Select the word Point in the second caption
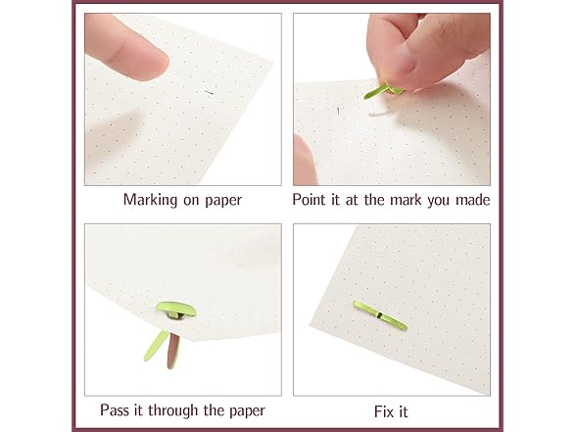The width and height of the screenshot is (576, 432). pos(312,200)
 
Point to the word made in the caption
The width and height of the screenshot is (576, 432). pos(469,200)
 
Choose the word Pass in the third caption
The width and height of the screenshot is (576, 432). pos(118,409)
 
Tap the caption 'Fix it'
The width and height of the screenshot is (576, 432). pos(390,409)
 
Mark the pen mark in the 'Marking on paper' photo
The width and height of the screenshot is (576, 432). pos(208,93)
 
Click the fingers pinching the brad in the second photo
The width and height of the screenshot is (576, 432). pos(421,54)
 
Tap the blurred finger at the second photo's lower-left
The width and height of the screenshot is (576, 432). pos(306,157)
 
